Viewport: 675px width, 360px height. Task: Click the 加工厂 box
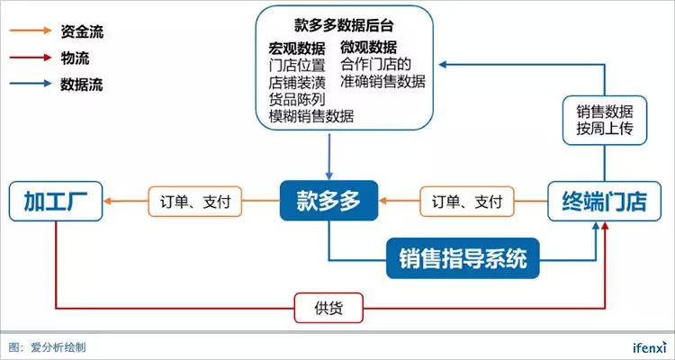pos(56,202)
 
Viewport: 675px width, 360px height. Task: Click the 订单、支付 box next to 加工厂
pos(194,202)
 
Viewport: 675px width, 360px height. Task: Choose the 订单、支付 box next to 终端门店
pos(467,202)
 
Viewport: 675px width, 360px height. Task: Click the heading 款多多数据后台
pos(344,24)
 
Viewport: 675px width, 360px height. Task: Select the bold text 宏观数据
pos(297,47)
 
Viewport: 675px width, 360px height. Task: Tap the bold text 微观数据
pos(369,47)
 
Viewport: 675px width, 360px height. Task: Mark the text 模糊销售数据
pos(311,115)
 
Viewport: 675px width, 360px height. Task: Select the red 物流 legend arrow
pos(31,58)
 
